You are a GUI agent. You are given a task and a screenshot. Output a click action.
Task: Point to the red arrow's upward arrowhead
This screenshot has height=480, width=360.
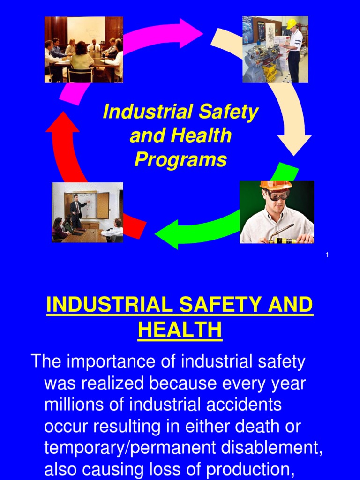click(62, 123)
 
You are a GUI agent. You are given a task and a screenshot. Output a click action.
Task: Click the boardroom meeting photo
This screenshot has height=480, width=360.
click(83, 50)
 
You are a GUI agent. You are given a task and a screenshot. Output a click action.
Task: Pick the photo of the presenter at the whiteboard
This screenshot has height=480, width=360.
click(87, 212)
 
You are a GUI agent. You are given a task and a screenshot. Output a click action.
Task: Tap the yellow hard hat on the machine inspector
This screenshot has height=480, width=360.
click(292, 23)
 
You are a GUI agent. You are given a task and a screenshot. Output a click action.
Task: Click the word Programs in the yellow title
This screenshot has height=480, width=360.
click(180, 160)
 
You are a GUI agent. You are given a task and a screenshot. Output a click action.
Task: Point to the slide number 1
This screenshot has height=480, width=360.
click(327, 255)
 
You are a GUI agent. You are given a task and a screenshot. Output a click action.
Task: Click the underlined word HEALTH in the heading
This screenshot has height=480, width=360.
click(180, 330)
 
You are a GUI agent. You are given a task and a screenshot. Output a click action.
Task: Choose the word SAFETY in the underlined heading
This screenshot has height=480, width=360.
click(222, 306)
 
